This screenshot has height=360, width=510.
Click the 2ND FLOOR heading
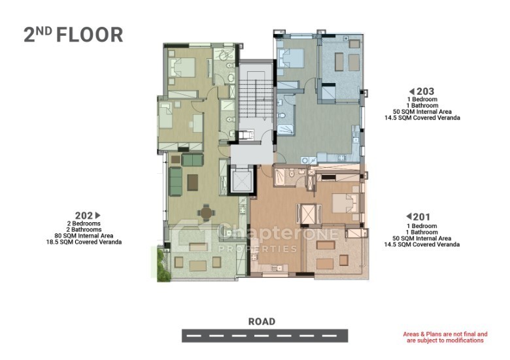pyautogui.click(x=73, y=35)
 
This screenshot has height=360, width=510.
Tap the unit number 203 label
pyautogui.click(x=426, y=91)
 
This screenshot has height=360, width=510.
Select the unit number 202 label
pyautogui.click(x=84, y=216)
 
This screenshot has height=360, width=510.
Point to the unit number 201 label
pyautogui.click(x=422, y=216)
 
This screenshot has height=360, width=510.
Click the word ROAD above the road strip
pyautogui.click(x=262, y=321)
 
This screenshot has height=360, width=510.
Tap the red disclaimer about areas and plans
pyautogui.click(x=445, y=337)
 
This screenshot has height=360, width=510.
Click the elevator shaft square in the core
pyautogui.click(x=241, y=180)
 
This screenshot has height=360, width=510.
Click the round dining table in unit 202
pyautogui.click(x=206, y=213)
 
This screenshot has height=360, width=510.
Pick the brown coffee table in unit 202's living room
pyautogui.click(x=192, y=182)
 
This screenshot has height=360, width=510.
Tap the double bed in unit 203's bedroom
pyautogui.click(x=290, y=58)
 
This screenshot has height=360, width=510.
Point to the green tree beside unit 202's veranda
pyautogui.click(x=163, y=265)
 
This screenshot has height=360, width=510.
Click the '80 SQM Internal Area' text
pyautogui.click(x=84, y=236)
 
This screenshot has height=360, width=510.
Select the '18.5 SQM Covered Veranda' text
pyautogui.click(x=84, y=242)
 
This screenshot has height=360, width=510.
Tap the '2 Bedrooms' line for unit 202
pyautogui.click(x=84, y=223)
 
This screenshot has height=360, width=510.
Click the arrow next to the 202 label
pyautogui.click(x=97, y=215)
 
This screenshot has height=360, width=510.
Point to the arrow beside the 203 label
pyautogui.click(x=412, y=91)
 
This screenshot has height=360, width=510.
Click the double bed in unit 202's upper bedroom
pyautogui.click(x=182, y=67)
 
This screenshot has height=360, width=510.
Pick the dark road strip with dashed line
pyautogui.click(x=265, y=336)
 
